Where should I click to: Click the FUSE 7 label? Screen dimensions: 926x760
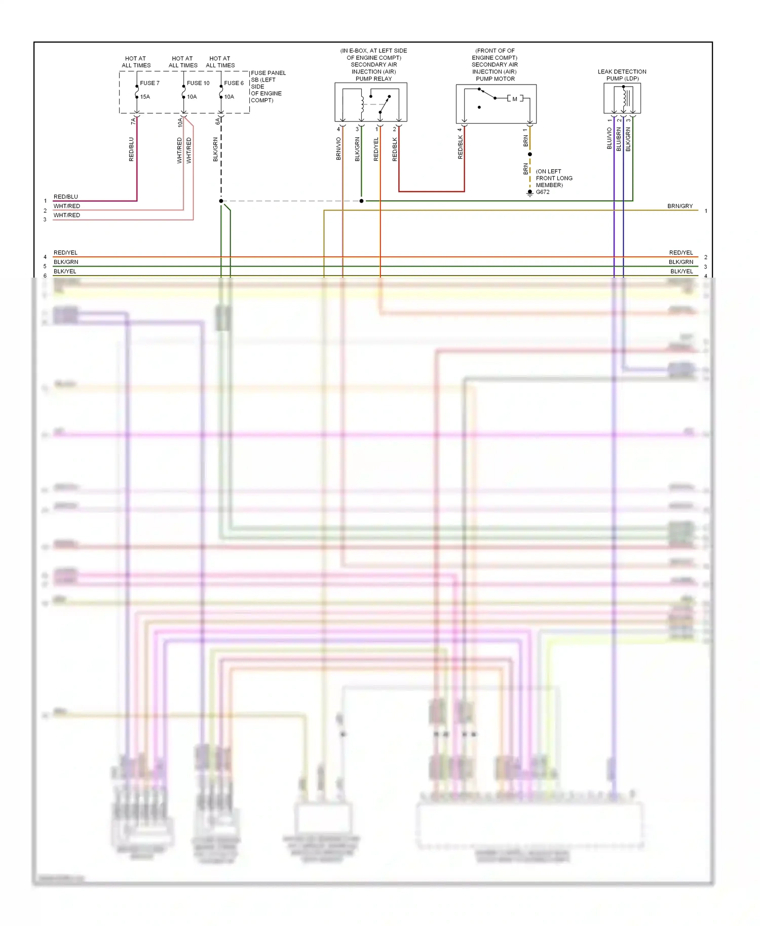149,83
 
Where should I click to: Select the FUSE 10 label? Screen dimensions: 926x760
198,83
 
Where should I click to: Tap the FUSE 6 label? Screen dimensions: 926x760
234,83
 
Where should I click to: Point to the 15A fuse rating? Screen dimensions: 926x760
145,97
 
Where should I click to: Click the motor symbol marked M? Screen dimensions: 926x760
515,99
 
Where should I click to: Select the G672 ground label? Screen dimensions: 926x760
543,192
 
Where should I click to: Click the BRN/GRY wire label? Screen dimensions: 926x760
679,206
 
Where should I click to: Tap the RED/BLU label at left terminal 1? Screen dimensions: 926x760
66,197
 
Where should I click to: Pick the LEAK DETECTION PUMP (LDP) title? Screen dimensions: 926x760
622,75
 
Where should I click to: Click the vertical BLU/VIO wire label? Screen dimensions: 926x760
610,138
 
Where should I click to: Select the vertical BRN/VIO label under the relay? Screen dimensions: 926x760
338,149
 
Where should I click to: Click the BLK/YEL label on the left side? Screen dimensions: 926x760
65,272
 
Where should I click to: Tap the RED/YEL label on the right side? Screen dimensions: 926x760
680,252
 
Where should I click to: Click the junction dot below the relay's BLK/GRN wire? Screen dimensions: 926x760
361,201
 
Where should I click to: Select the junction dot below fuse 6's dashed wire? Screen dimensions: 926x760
221,201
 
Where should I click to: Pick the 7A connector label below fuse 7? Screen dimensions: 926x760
133,121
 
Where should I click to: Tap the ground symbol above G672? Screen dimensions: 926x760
530,192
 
